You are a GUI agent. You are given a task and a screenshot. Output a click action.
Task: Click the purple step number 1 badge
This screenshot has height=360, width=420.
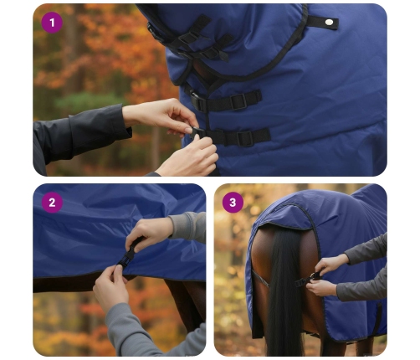tap(52, 23)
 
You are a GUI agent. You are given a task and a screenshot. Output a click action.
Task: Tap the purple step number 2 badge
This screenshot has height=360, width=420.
tap(52, 203)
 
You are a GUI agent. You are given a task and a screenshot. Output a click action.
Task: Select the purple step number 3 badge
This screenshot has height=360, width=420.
tap(233, 203)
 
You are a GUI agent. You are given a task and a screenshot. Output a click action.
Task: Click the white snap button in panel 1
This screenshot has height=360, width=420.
tap(329, 22)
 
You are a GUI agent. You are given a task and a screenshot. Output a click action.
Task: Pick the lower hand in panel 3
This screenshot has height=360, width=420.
tap(322, 287)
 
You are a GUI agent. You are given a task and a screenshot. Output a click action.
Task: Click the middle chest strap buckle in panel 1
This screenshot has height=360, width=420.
tap(238, 101)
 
